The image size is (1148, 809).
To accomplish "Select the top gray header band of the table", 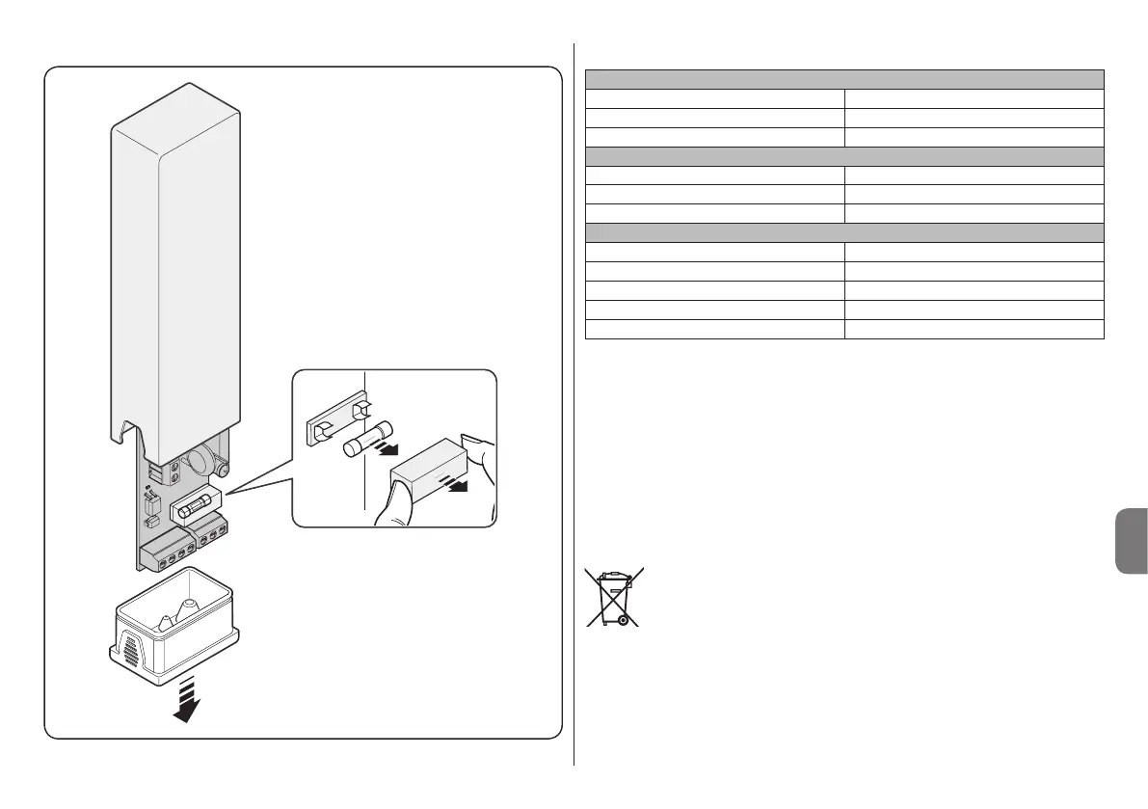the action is (x=843, y=79).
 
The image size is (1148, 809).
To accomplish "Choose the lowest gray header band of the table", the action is (x=843, y=231).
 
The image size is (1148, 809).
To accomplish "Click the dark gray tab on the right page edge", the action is (x=1130, y=543).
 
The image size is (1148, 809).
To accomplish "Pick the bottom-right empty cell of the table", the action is (x=974, y=329).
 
